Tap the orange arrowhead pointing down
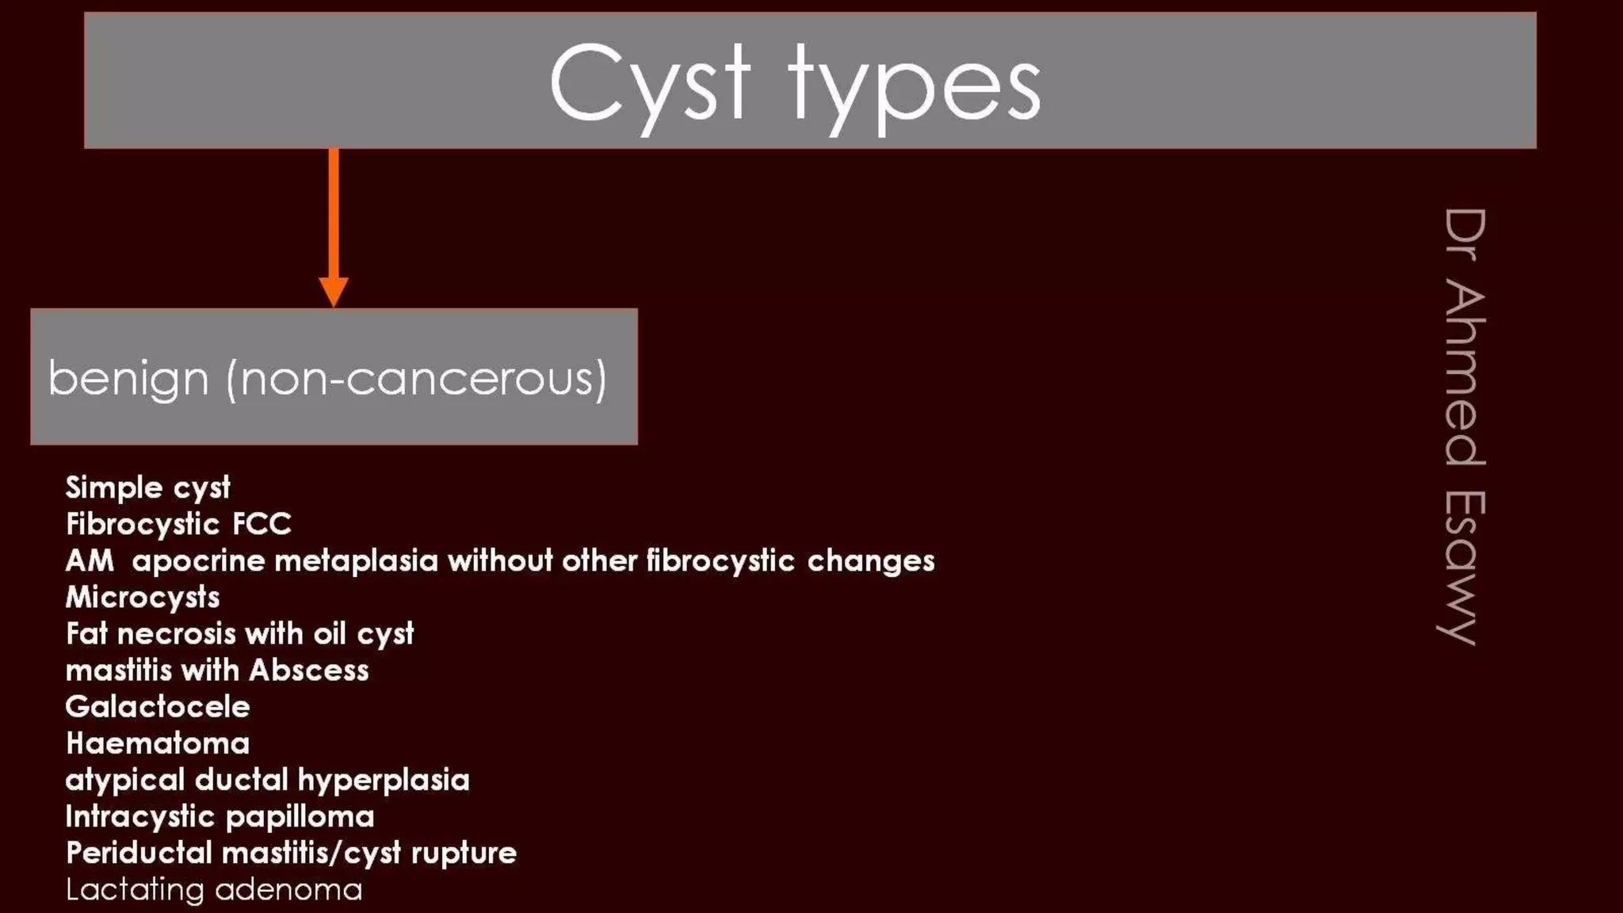coord(333,291)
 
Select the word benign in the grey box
coord(128,379)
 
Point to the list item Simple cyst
coord(147,487)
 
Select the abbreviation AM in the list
coord(90,561)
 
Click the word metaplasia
coord(356,561)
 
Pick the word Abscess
coord(308,670)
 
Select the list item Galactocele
coord(158,707)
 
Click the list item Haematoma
coord(158,743)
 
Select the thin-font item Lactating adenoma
coord(214,889)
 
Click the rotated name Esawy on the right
coord(1463,567)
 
